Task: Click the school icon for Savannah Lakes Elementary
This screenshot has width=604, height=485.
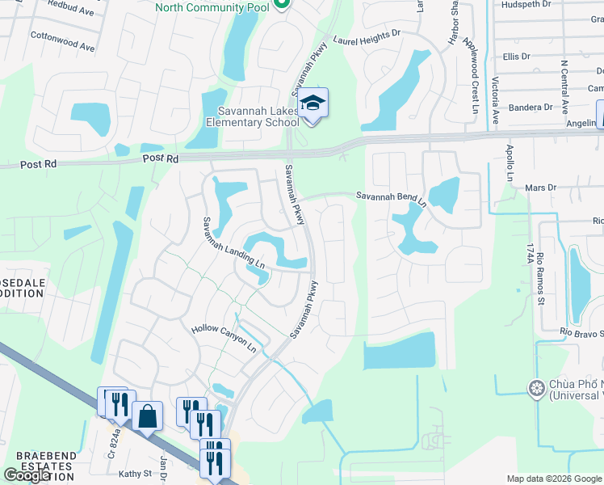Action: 312,103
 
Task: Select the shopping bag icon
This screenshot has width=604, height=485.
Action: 147,416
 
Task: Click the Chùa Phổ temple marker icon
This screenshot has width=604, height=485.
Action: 535,390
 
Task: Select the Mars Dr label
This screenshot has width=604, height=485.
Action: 541,188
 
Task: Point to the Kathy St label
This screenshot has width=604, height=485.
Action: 136,474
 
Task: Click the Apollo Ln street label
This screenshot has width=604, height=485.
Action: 510,162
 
